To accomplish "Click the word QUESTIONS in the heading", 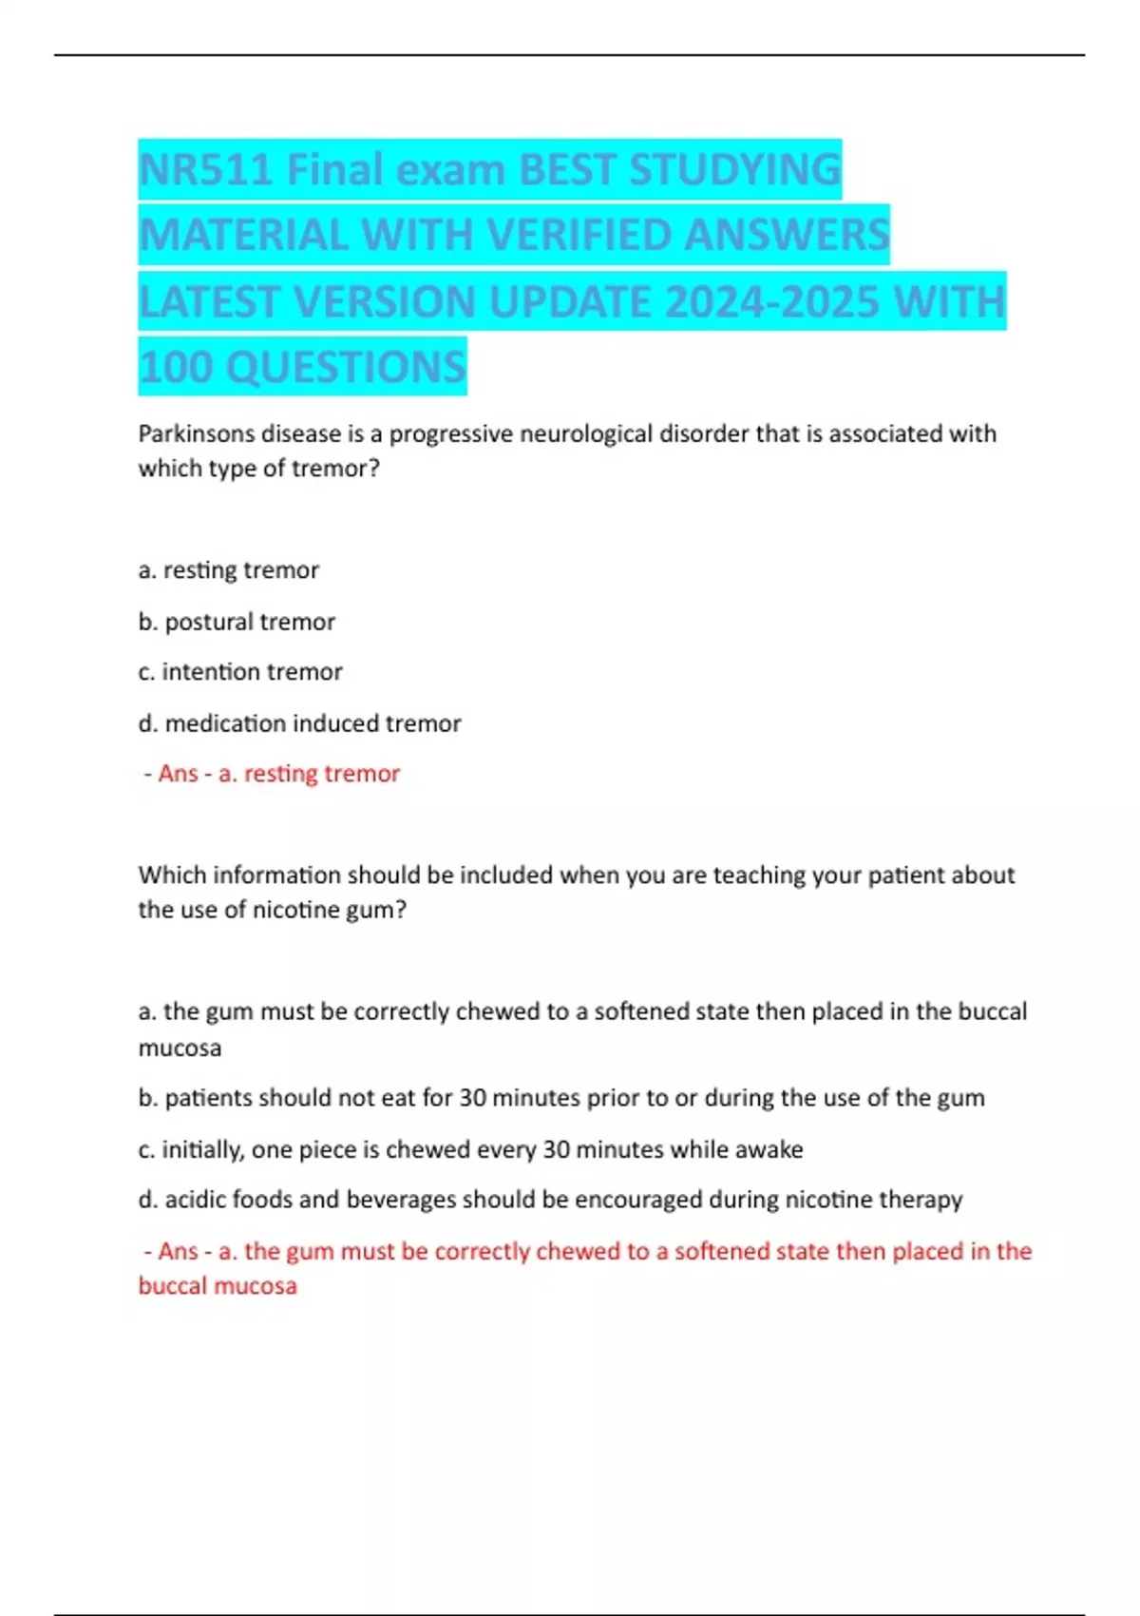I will [346, 368].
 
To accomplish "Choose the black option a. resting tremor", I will [228, 570].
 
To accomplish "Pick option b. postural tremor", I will [237, 622].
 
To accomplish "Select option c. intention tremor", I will [240, 672].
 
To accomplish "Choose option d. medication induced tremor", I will [299, 723].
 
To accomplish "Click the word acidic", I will [196, 1200].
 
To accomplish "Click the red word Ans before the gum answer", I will [178, 1251].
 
